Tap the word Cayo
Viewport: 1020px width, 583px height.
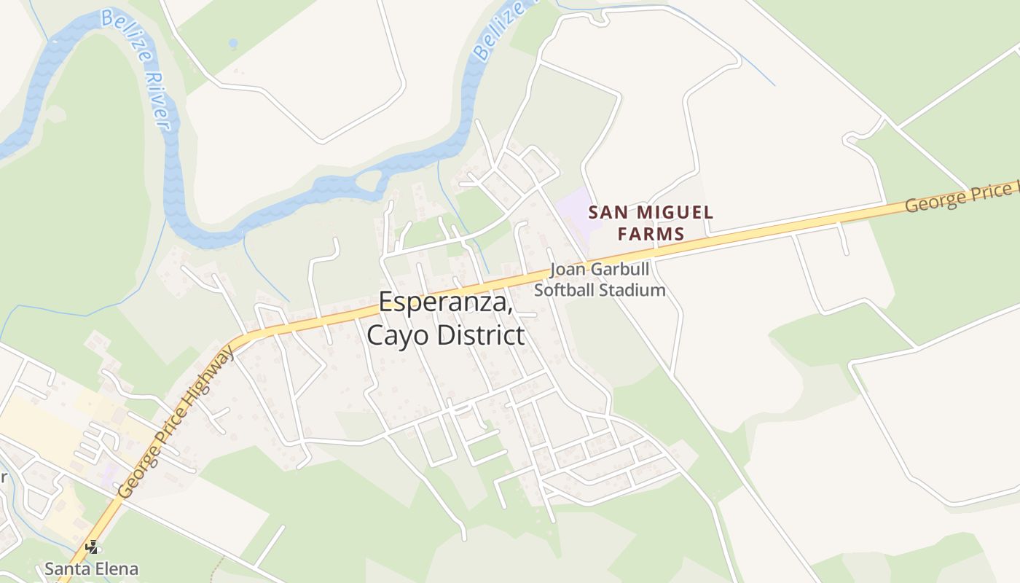point(398,335)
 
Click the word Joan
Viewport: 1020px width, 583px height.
point(568,269)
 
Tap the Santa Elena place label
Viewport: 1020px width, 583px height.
point(91,568)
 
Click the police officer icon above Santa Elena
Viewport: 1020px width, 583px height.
point(92,547)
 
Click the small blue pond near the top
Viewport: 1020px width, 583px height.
point(233,44)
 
